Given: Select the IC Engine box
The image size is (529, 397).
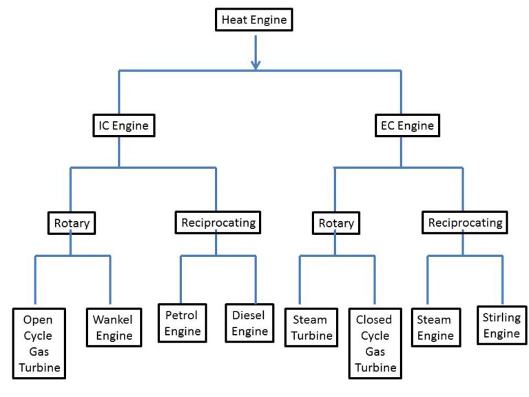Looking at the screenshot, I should (x=123, y=125).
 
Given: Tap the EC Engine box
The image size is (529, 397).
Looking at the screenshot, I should (x=408, y=125).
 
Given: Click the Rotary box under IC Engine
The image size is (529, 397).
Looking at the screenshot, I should (x=71, y=223).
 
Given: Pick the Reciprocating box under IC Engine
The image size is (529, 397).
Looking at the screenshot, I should (x=217, y=223).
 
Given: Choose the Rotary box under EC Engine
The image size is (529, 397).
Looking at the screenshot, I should (x=336, y=223).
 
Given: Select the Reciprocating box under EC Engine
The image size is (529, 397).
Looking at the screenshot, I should (x=464, y=223).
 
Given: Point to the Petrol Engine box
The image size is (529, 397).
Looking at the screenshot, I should (x=183, y=323).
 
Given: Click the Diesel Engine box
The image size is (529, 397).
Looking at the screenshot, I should (x=249, y=323).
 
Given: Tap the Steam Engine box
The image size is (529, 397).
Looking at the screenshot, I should (x=435, y=327).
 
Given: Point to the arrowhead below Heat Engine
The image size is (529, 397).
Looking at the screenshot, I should (x=256, y=63).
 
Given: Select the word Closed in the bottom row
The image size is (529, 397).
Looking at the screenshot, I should (x=375, y=320).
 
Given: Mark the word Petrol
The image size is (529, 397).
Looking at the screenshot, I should (x=183, y=315).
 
